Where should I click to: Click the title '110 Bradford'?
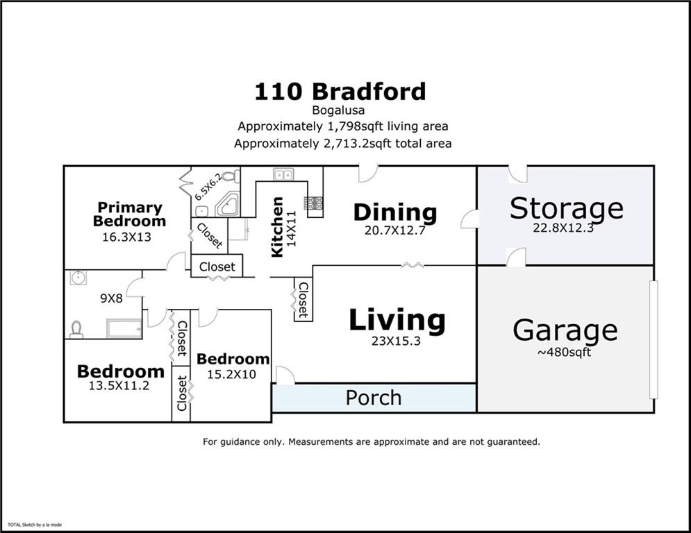[340, 92]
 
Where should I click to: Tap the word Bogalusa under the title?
[340, 110]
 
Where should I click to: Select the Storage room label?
[566, 208]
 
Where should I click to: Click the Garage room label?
[565, 330]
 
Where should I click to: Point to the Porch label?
[374, 398]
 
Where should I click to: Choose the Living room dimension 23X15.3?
[397, 341]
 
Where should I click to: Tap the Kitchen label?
[277, 227]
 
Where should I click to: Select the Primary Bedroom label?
[129, 214]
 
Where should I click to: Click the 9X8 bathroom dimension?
[110, 298]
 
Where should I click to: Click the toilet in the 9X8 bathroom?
[76, 329]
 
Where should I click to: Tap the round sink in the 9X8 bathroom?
[78, 278]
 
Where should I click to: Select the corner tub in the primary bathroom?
[226, 205]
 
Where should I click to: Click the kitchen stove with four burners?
[313, 203]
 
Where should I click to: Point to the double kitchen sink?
[283, 174]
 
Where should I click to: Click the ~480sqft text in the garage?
[564, 352]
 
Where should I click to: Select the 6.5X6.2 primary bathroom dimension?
[208, 186]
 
